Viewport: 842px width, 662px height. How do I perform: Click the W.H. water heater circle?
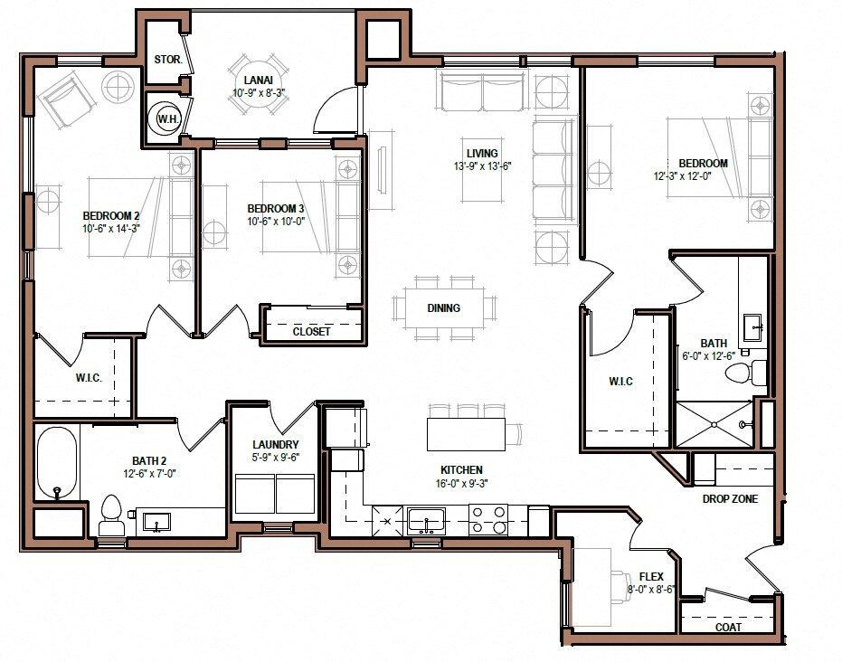point(166,118)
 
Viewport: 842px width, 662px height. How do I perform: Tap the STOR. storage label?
point(167,61)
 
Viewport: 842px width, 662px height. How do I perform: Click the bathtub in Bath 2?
point(57,461)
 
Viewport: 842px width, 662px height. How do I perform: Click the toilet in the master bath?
point(745,372)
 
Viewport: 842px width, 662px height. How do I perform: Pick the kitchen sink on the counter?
point(425,520)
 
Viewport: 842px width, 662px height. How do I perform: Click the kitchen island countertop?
point(465,433)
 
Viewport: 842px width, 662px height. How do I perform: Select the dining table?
point(444,308)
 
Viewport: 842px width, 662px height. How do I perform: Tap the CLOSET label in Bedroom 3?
point(311,332)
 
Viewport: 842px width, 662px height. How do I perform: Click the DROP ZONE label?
point(730,499)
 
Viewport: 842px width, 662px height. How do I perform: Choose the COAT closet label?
point(728,627)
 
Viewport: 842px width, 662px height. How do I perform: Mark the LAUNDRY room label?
point(276,445)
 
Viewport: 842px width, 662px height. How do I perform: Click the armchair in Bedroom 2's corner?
point(65,99)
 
